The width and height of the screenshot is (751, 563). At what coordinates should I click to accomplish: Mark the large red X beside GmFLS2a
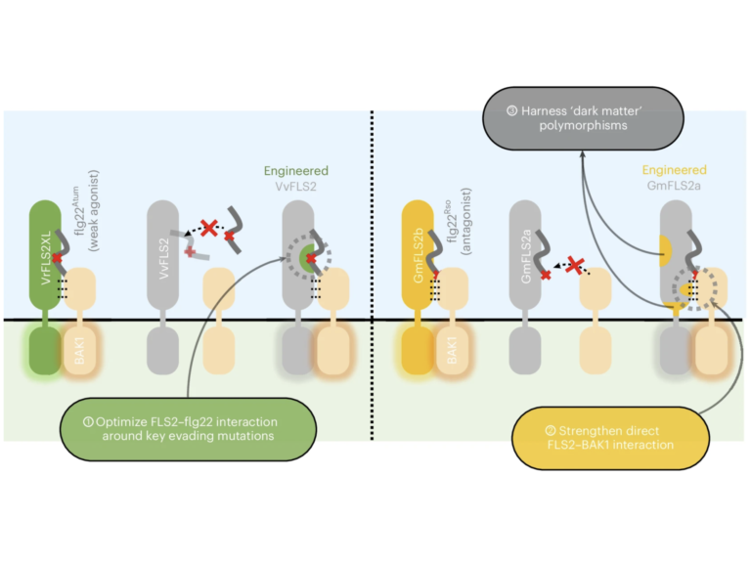coord(576,263)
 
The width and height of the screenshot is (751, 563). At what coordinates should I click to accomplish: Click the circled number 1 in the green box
coord(90,421)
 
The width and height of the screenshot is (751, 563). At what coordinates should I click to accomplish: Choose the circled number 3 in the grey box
coord(512,110)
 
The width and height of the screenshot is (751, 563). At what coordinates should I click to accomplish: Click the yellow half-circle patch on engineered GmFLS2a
coord(667,250)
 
